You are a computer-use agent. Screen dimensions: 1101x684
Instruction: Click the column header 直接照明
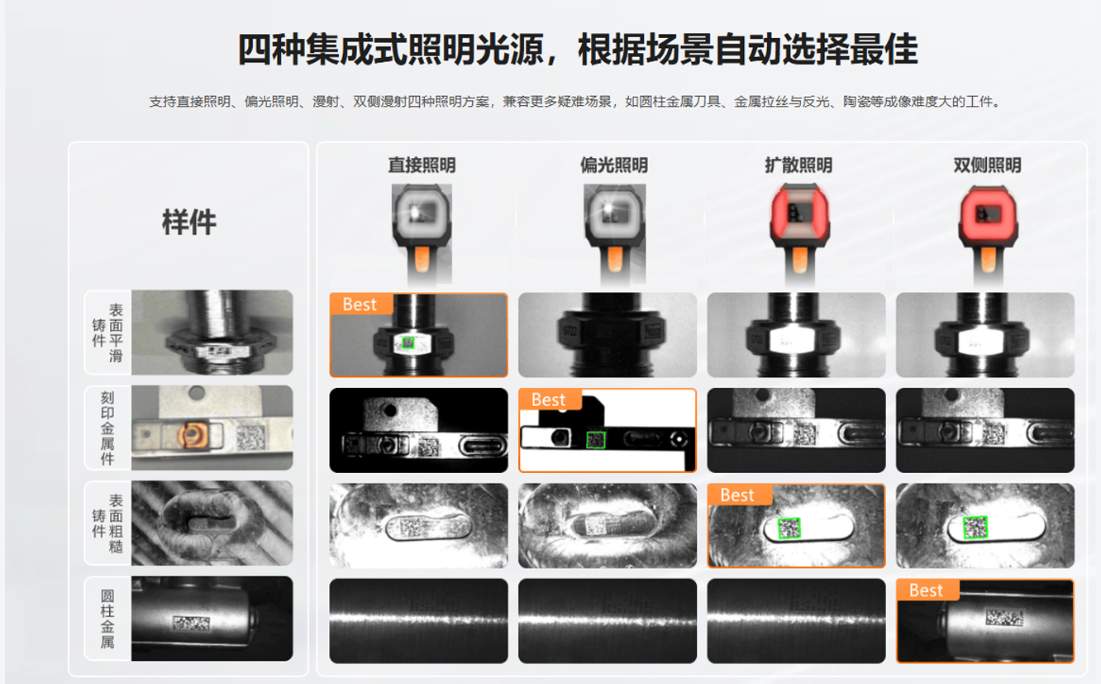click(x=422, y=165)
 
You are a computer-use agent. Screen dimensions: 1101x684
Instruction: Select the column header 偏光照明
click(x=614, y=165)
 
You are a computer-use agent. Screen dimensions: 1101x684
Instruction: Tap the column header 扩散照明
click(x=798, y=165)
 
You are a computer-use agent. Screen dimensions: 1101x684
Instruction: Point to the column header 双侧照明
click(x=988, y=165)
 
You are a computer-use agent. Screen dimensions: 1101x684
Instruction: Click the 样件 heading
click(x=189, y=222)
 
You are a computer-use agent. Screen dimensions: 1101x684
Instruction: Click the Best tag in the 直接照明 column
click(x=360, y=304)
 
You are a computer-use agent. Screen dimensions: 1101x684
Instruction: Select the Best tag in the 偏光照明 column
click(x=550, y=399)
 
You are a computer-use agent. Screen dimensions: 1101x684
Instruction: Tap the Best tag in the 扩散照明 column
click(x=738, y=495)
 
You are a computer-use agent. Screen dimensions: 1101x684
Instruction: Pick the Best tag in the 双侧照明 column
click(x=927, y=591)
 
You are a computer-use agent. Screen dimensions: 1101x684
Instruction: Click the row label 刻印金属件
click(x=107, y=428)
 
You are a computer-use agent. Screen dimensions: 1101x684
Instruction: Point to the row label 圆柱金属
click(x=107, y=619)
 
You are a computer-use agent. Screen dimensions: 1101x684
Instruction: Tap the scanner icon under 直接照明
click(x=422, y=233)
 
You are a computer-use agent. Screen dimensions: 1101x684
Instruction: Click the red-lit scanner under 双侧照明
click(x=988, y=233)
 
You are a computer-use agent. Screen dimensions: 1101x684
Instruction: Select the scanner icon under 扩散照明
click(x=799, y=233)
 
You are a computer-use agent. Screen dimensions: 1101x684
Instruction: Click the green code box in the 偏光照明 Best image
click(x=596, y=440)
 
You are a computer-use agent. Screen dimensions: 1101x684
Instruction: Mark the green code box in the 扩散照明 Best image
click(x=789, y=529)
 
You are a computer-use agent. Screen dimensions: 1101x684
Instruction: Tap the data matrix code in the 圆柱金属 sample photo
click(x=191, y=624)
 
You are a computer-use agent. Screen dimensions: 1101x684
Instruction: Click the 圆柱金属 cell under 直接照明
click(x=419, y=620)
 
